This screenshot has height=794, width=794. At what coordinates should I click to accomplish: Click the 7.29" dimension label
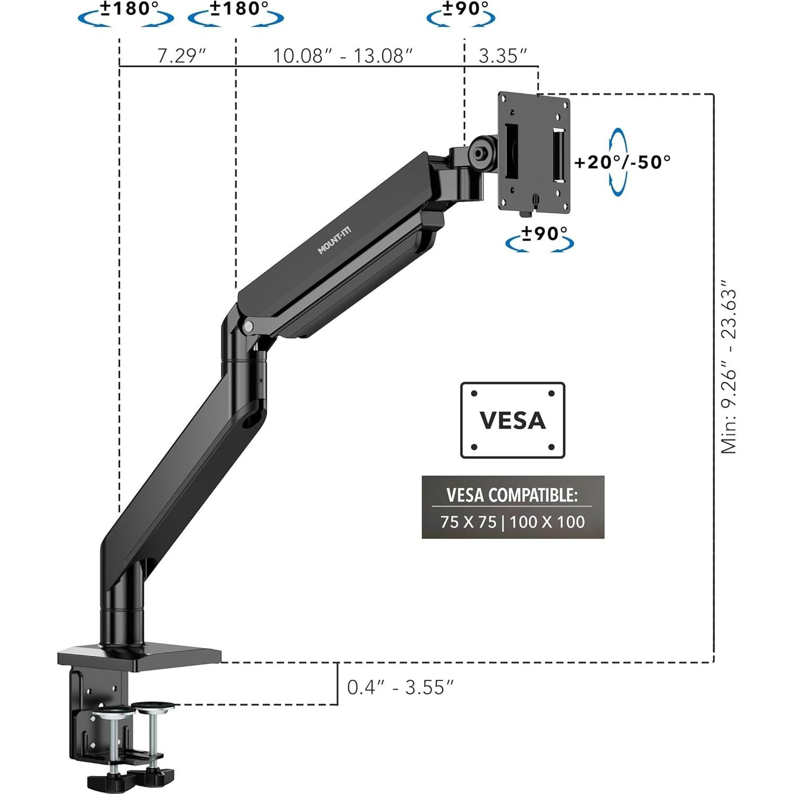181,56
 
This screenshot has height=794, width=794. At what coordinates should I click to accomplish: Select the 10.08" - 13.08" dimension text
342,56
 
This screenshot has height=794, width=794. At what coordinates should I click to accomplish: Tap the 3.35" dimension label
502,56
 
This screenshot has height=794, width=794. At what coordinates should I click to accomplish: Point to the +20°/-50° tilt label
623,162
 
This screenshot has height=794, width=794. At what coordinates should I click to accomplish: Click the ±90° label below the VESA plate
544,233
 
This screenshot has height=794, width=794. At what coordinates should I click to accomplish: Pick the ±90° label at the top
465,9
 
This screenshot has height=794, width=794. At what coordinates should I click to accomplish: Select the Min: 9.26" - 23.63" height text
729,371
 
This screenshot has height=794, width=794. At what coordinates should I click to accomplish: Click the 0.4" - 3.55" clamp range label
400,687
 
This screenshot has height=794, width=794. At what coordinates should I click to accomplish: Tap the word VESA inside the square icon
513,420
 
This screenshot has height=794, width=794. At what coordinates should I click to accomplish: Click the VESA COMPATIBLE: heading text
512,495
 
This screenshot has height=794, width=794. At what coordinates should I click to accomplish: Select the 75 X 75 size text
468,522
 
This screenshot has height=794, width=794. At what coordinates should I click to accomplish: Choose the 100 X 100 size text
548,522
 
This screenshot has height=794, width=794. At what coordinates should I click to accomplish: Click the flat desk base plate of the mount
139,656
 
